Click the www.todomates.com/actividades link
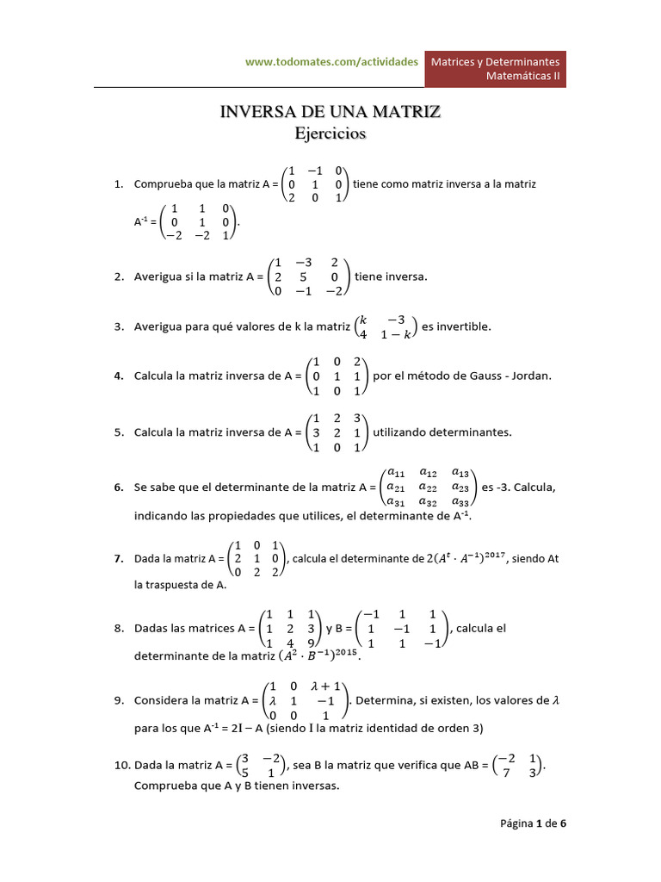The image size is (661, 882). click(x=331, y=62)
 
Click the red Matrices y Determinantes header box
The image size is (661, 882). click(x=496, y=69)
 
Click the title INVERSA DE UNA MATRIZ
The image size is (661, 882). click(x=330, y=112)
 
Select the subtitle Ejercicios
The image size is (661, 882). click(x=330, y=134)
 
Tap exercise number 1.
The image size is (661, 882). click(x=120, y=184)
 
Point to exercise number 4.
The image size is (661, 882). click(x=120, y=376)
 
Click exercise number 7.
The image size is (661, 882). click(x=120, y=558)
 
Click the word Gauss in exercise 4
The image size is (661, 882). click(x=479, y=376)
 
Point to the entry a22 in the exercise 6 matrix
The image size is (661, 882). click(x=428, y=487)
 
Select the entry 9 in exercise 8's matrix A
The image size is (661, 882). click(x=310, y=643)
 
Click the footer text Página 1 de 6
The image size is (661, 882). click(x=534, y=823)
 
